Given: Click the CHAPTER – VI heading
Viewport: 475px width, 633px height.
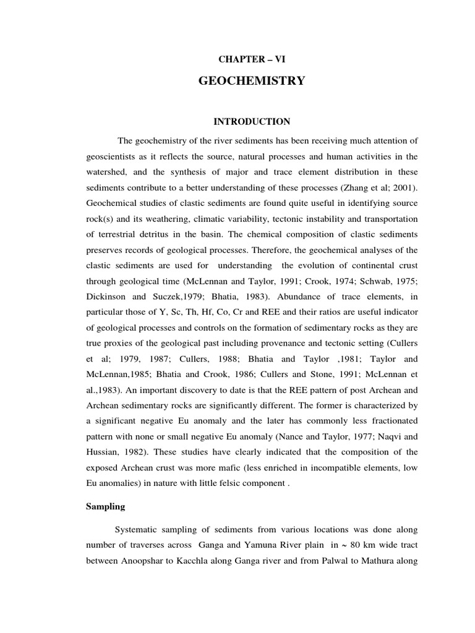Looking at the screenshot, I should [x=251, y=59].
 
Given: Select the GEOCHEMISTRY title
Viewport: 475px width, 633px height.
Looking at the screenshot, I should [x=251, y=81].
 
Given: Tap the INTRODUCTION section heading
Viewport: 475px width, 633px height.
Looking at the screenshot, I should [x=251, y=122].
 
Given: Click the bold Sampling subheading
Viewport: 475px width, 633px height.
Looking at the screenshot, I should [x=105, y=506].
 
